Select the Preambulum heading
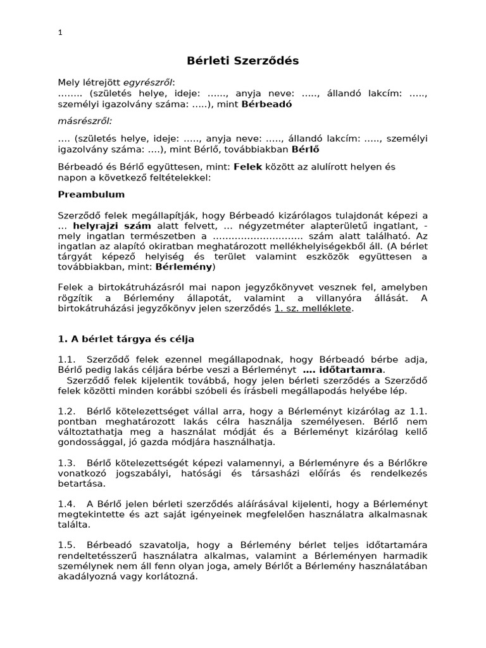(91, 194)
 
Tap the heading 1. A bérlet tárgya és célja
(126, 339)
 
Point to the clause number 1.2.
(66, 410)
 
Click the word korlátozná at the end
(174, 577)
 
